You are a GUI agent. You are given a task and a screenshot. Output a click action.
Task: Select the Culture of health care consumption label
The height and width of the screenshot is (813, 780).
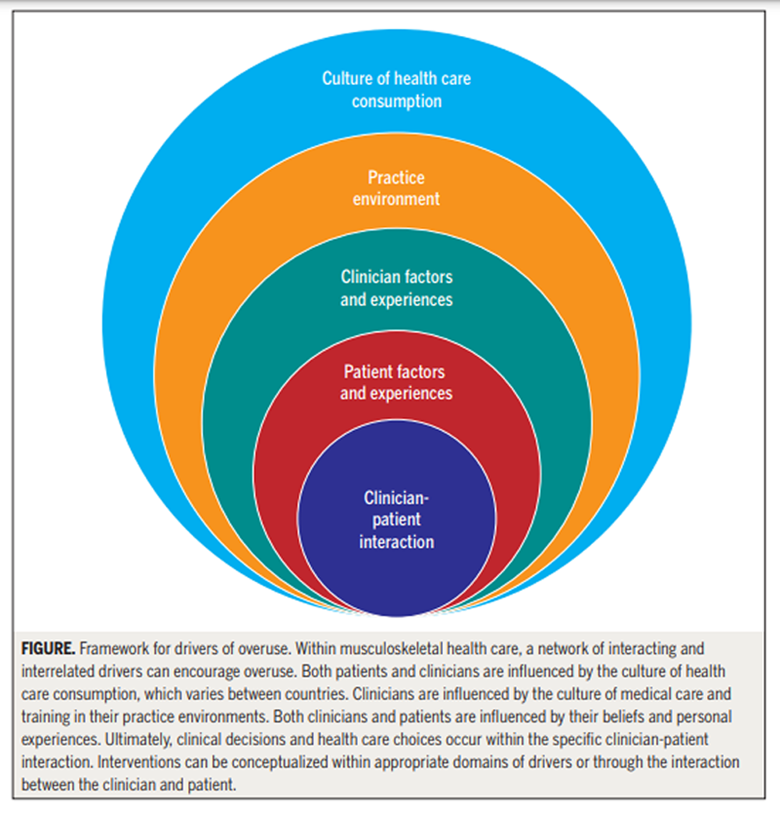click(396, 90)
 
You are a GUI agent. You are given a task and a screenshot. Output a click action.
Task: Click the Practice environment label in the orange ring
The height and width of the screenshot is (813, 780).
click(396, 188)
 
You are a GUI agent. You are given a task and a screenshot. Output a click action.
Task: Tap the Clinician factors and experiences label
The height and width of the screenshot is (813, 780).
click(396, 288)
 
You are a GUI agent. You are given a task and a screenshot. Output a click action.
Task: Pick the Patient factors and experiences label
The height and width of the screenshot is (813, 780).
click(396, 382)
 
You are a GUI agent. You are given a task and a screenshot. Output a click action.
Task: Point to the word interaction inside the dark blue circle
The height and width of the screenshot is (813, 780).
click(396, 541)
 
